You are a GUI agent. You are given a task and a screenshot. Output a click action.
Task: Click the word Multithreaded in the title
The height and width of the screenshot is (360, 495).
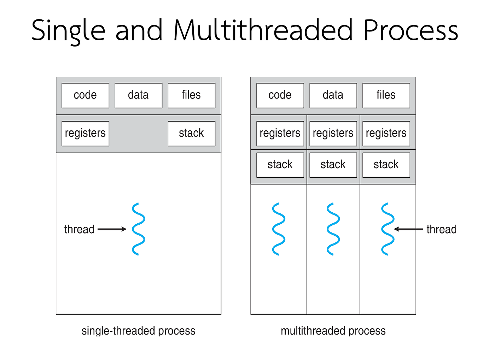pos(263,30)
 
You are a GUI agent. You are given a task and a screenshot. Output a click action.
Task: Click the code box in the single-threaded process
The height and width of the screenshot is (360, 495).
pos(85,95)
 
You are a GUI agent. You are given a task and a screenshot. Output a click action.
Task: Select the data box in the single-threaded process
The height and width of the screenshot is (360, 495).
pos(138,95)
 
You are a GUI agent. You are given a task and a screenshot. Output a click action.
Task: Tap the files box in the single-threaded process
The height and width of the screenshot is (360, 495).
pos(191,95)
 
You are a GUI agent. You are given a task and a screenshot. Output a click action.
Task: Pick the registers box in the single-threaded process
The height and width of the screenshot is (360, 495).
pos(85,134)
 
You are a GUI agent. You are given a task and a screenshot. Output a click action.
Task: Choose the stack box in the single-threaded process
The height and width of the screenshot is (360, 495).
pos(191,134)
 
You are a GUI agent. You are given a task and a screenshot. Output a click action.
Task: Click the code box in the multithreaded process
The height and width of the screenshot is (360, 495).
pos(280,95)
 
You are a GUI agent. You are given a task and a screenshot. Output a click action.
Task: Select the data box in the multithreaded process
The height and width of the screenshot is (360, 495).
pos(333,95)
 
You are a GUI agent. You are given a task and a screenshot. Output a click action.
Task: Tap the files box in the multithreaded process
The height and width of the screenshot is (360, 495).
pos(386,95)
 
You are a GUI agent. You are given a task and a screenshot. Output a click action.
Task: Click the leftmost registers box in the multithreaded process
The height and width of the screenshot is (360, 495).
pos(280,134)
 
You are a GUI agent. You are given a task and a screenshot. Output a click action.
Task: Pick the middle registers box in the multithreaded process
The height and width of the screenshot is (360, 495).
pos(333,134)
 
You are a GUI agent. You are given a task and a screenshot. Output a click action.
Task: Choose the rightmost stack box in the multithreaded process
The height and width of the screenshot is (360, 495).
pos(386,165)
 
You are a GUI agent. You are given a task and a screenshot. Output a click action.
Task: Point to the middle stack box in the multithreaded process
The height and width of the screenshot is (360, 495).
pos(333,165)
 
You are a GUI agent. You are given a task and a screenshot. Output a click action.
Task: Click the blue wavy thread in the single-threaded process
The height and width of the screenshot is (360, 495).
pos(138,229)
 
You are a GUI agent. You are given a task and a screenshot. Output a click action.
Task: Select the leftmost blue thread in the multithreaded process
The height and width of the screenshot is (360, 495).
pos(279,229)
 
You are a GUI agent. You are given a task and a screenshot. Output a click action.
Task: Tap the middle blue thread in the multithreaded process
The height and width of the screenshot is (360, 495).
pos(333,229)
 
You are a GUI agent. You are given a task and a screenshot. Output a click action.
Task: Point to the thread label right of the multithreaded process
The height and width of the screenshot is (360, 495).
pos(441,229)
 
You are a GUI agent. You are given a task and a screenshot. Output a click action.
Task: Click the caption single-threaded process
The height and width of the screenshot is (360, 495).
pos(138,331)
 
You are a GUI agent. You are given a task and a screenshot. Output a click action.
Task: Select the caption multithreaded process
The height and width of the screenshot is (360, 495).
pos(333,331)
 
